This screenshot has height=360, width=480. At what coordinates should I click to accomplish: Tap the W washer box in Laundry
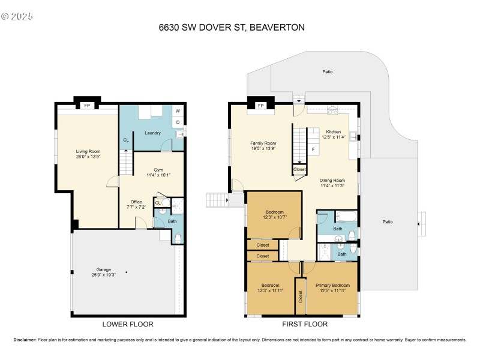tap(178, 111)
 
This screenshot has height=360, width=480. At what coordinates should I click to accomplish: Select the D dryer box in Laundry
tap(178, 123)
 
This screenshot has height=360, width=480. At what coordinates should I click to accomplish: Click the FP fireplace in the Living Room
tap(87, 106)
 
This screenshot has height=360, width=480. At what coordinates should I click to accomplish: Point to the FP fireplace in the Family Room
tap(261, 106)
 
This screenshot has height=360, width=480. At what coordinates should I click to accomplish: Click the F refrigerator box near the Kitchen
tap(313, 149)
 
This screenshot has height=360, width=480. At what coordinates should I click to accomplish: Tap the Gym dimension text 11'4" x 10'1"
tap(158, 175)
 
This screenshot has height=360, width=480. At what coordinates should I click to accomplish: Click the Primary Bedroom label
tap(332, 285)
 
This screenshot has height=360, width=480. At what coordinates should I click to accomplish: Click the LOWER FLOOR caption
tap(128, 324)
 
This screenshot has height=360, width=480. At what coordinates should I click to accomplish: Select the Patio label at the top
tap(327, 72)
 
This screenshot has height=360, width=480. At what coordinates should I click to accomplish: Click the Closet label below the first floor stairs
tap(299, 170)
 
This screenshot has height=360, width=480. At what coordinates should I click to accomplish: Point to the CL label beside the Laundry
tap(125, 140)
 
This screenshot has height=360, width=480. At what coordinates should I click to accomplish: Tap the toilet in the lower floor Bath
tap(177, 238)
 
